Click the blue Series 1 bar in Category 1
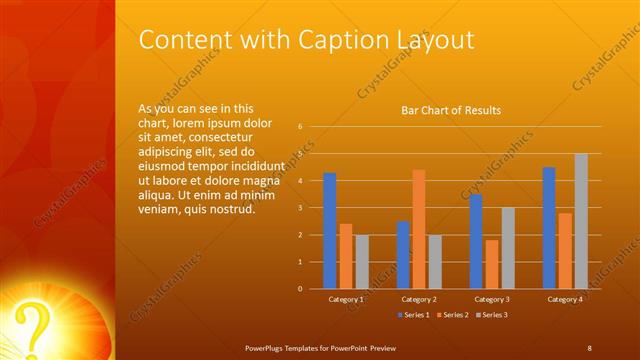(x=330, y=231)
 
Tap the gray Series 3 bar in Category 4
(x=581, y=221)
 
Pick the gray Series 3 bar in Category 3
(x=508, y=248)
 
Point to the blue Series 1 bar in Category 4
(x=549, y=228)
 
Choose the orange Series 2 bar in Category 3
(x=491, y=264)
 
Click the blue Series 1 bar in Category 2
(x=402, y=255)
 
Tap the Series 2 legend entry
(x=452, y=315)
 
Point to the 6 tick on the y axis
(x=300, y=127)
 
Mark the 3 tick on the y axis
(x=300, y=208)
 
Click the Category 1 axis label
(x=346, y=299)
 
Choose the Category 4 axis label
(x=565, y=299)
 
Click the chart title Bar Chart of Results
(x=451, y=110)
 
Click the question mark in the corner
(x=35, y=326)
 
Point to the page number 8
(x=589, y=347)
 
